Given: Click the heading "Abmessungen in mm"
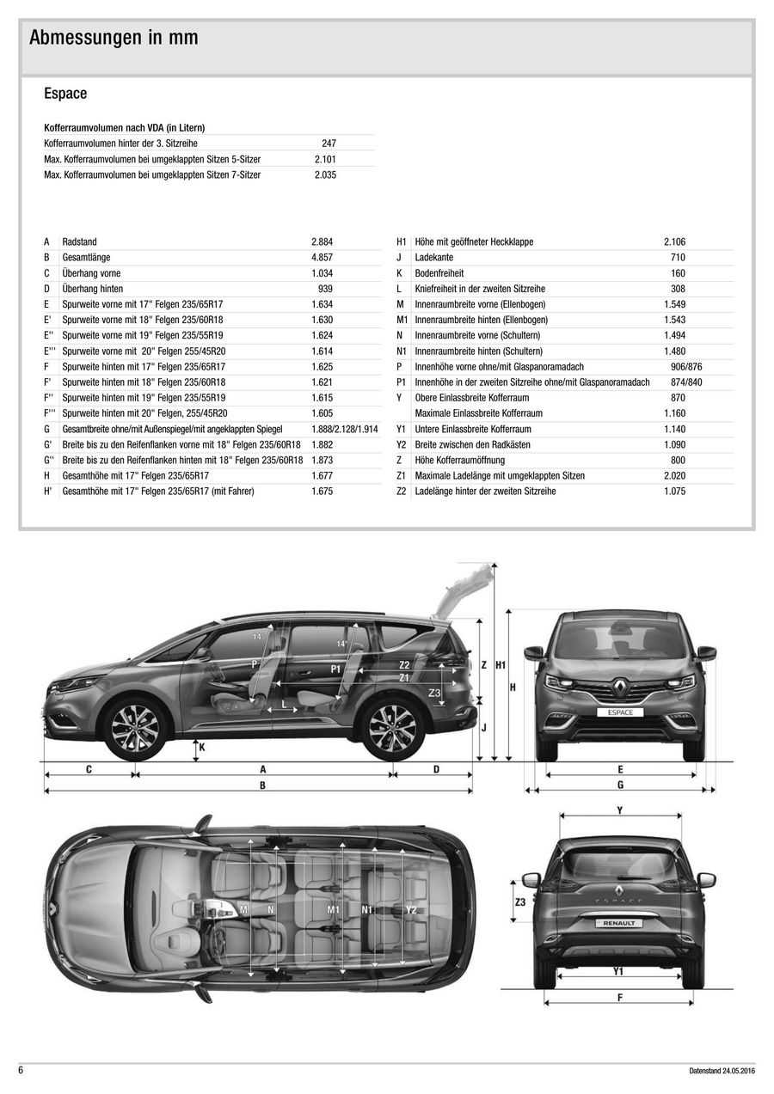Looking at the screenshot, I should point(114,38).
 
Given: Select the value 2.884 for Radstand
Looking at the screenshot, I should point(322,242).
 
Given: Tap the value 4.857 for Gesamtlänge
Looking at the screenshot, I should point(322,258).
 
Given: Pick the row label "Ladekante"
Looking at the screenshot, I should point(433,258).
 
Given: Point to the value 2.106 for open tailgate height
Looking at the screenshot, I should point(674,242).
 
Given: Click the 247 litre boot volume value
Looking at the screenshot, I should point(329,144).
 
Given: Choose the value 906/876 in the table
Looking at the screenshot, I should point(685,367).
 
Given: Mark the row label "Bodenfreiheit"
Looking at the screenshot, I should point(438,273).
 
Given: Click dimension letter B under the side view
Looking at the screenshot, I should point(262,785).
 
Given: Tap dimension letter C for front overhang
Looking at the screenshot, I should point(89,769).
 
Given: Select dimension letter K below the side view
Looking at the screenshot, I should point(201,748).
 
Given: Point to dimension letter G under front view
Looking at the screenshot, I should point(620,785).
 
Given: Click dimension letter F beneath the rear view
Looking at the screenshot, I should point(620,997).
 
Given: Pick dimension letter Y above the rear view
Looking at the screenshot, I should point(619,810).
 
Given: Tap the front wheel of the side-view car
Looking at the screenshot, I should point(135,728).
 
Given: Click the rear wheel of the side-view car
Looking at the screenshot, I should point(391,728).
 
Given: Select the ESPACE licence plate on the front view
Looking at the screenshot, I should point(619,712).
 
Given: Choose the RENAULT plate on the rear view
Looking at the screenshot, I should point(619,922).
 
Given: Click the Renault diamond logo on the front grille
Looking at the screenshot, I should point(619,686).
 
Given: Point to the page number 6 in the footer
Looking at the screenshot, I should point(21,1070).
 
